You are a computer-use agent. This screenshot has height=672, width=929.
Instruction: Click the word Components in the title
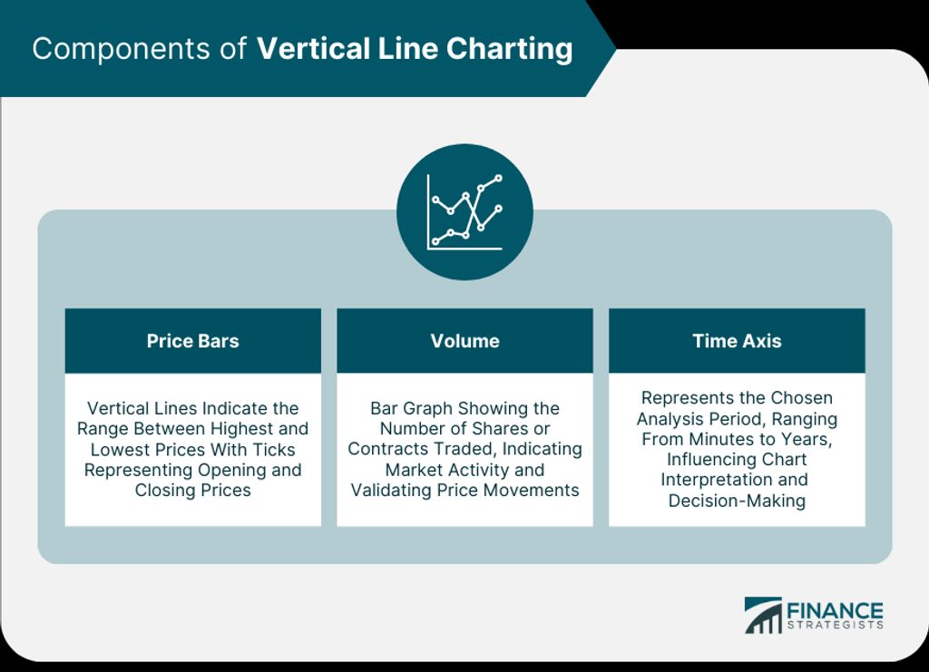121,49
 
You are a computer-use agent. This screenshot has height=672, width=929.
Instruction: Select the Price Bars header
193,341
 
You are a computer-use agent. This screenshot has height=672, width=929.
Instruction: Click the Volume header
465,341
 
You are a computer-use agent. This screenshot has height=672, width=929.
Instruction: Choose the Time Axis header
737,341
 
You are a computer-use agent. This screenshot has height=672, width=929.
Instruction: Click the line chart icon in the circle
465,212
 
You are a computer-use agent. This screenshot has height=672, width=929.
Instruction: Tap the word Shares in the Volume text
500,429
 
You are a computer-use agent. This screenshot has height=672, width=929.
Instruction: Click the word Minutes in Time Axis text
719,439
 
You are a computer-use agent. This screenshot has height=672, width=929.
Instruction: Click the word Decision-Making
737,501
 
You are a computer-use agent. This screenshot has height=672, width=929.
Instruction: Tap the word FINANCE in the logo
835,611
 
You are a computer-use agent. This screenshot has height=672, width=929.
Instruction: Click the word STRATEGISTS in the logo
835,625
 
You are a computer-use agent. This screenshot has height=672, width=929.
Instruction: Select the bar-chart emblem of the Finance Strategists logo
763,616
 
